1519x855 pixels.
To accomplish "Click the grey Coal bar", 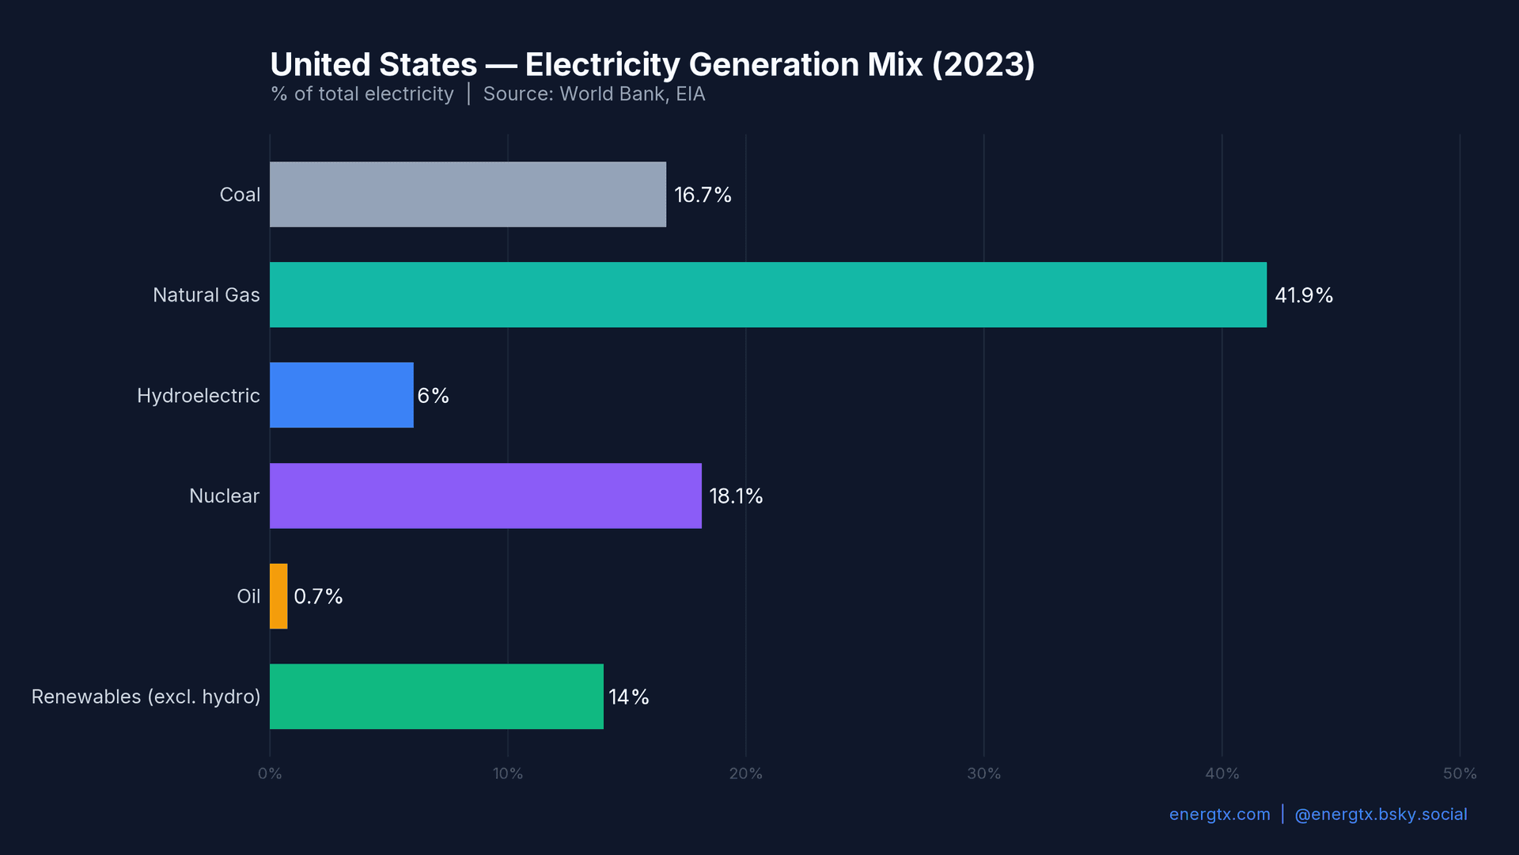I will [468, 195].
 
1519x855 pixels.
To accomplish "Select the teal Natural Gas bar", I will [767, 294].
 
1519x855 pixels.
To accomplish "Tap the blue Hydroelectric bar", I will [341, 395].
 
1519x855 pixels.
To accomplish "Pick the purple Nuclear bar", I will [485, 496].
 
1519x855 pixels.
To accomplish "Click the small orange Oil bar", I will [278, 596].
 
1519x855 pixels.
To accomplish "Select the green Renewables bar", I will [436, 697].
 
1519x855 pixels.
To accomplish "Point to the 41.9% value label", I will [1304, 295].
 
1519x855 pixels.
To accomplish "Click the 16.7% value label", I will [703, 195].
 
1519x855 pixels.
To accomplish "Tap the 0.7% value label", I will [318, 596].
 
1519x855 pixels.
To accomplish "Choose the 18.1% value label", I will [736, 496].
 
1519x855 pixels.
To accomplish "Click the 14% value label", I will [629, 697].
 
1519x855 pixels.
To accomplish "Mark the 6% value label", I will [434, 396].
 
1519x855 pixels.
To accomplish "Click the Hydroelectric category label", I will [198, 396].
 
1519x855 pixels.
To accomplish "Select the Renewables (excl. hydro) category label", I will [146, 697].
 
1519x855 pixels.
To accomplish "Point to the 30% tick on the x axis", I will [983, 773].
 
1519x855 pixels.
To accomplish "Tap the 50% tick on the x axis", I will [1460, 773].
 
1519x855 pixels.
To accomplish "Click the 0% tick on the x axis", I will [270, 773].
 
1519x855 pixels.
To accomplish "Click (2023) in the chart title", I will [983, 65].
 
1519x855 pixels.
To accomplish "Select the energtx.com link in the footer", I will [1219, 815].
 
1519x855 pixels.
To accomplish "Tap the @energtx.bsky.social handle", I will [1381, 815].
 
